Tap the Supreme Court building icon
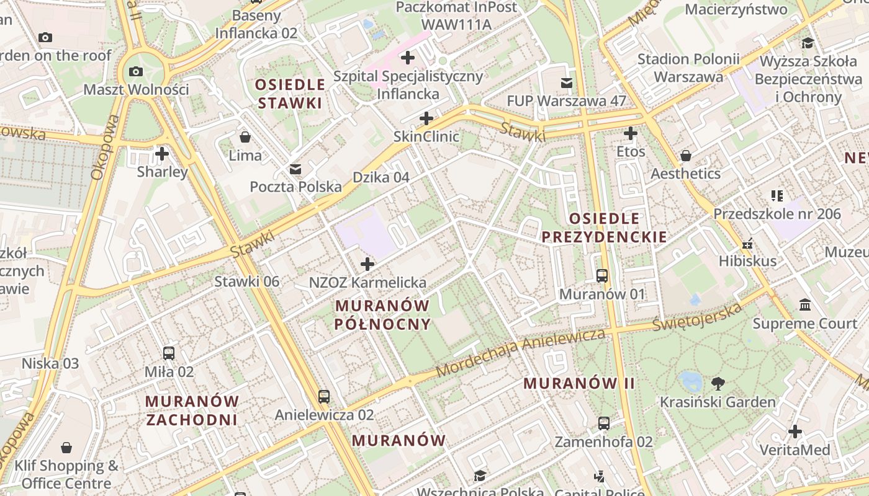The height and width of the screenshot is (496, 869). pyautogui.click(x=806, y=305)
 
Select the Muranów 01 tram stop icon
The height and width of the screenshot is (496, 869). pyautogui.click(x=601, y=275)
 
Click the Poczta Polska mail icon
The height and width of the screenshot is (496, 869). pyautogui.click(x=295, y=169)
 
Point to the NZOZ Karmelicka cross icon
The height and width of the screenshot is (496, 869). pyautogui.click(x=367, y=265)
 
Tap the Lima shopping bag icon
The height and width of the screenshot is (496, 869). pyautogui.click(x=245, y=136)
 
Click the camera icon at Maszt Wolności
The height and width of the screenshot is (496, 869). pyautogui.click(x=136, y=71)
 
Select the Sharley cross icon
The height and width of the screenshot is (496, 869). pyautogui.click(x=162, y=153)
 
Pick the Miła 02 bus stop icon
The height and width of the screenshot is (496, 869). pyautogui.click(x=168, y=353)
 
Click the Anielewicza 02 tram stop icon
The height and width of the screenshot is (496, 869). pyautogui.click(x=323, y=396)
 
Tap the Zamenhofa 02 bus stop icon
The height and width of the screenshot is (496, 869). pyautogui.click(x=603, y=423)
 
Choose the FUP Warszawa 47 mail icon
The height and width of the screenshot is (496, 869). pyautogui.click(x=566, y=82)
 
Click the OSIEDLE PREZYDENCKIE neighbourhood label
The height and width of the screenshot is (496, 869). pyautogui.click(x=604, y=228)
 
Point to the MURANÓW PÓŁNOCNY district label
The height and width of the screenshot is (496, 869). pyautogui.click(x=382, y=314)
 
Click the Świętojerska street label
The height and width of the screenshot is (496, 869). pyautogui.click(x=698, y=317)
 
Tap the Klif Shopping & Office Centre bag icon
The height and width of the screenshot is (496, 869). pyautogui.click(x=66, y=448)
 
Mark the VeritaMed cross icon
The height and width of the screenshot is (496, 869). pyautogui.click(x=795, y=432)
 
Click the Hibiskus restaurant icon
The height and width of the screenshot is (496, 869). pyautogui.click(x=747, y=243)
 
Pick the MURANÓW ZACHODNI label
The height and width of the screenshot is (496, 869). pyautogui.click(x=192, y=410)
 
